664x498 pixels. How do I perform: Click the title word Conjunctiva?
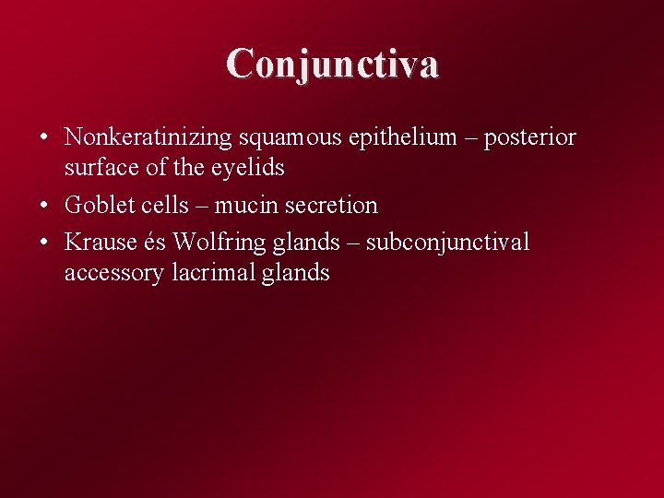[x=333, y=63]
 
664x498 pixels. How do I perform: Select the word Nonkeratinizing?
[x=148, y=138]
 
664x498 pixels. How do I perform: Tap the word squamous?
[x=289, y=138]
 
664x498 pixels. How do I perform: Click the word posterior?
[x=529, y=138]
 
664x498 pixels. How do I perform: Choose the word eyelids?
[x=249, y=168]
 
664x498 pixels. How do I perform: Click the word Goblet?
[x=98, y=205]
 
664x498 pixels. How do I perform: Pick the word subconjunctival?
[x=448, y=243]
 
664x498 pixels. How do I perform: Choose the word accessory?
[x=114, y=273]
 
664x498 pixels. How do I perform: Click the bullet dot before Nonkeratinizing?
[x=44, y=138]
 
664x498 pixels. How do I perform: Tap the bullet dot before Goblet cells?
[x=44, y=205]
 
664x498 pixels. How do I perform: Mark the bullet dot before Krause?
[x=44, y=242]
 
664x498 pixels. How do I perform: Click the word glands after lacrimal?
[x=293, y=273]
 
